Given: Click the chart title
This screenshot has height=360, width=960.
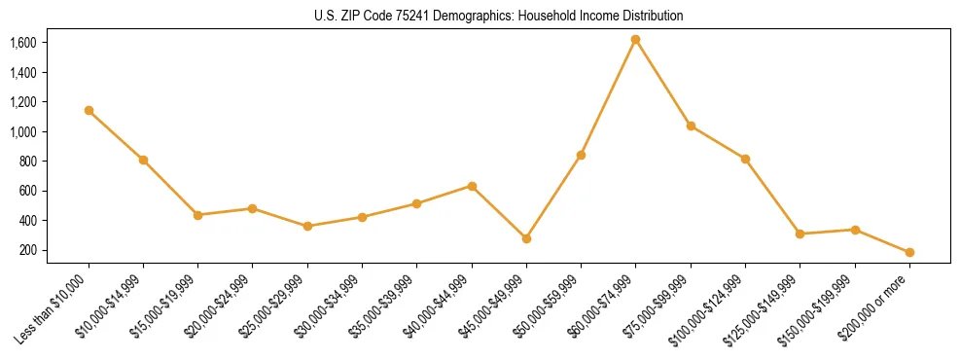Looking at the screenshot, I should (480, 16).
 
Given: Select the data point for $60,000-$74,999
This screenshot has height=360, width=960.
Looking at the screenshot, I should (635, 40).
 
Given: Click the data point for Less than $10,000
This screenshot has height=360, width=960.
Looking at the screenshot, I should (89, 111).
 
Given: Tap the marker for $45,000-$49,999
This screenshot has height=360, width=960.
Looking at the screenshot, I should (526, 238).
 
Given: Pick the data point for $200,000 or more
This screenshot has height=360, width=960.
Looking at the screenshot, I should (909, 252).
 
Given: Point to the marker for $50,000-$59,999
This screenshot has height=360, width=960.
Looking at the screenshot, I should (581, 155).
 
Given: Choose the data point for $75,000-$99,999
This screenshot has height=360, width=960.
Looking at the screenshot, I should (691, 126).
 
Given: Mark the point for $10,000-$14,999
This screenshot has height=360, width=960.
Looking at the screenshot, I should (143, 160).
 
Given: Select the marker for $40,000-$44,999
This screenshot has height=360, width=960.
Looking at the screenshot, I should (472, 186).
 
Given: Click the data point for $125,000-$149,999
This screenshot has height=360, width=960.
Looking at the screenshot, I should (800, 234).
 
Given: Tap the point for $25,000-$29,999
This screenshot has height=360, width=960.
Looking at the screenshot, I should (307, 226).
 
